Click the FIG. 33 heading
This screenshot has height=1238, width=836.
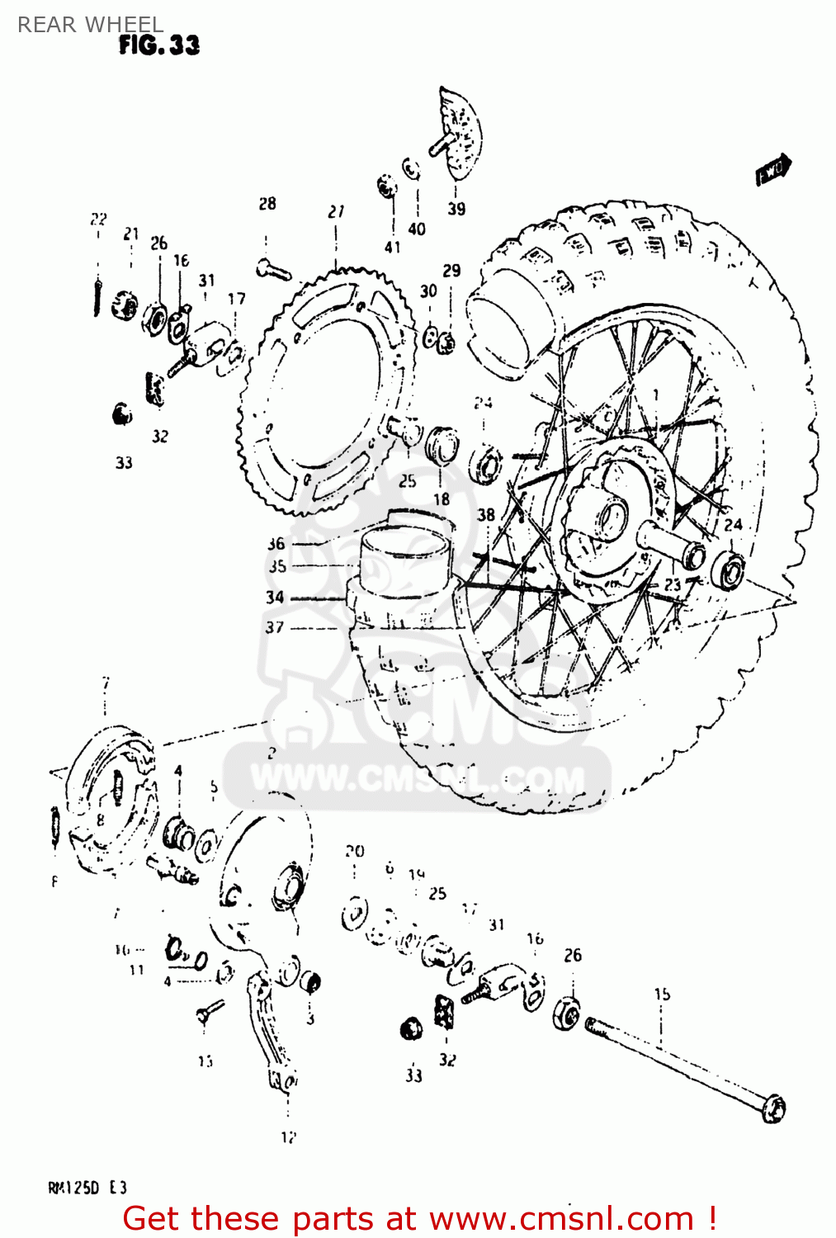click(x=158, y=45)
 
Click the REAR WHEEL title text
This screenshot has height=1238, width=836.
click(x=90, y=24)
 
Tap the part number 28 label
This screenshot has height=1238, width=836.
click(x=267, y=204)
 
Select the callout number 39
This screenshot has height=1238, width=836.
click(x=456, y=209)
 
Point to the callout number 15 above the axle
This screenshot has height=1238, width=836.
click(x=662, y=994)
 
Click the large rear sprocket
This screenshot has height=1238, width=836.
click(x=326, y=388)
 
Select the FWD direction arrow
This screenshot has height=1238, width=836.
click(x=773, y=169)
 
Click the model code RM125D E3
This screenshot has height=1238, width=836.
click(x=87, y=1188)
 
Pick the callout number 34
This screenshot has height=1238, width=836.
click(x=275, y=597)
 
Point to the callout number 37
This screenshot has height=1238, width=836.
click(x=275, y=627)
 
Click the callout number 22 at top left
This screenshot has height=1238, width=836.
click(x=98, y=219)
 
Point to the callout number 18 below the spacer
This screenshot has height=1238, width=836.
click(x=442, y=499)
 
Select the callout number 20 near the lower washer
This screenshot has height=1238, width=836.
click(x=354, y=851)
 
